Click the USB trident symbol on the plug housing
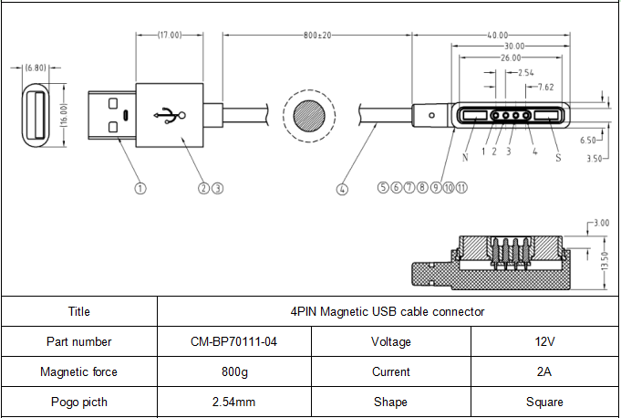pyautogui.click(x=170, y=115)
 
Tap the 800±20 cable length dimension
pyautogui.click(x=317, y=36)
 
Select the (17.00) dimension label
pyautogui.click(x=170, y=35)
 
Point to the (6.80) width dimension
pyautogui.click(x=36, y=68)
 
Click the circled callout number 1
pyautogui.click(x=140, y=188)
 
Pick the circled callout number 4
pyautogui.click(x=342, y=190)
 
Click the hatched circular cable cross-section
pyautogui.click(x=309, y=116)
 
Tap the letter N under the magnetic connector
pyautogui.click(x=465, y=157)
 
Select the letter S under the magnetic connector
pyautogui.click(x=558, y=158)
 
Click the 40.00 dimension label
pyautogui.click(x=497, y=36)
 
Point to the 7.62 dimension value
pyautogui.click(x=545, y=87)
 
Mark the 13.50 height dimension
pyautogui.click(x=605, y=261)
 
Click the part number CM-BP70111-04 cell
pyautogui.click(x=233, y=341)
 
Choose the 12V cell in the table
pyautogui.click(x=544, y=341)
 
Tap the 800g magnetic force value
pyautogui.click(x=234, y=372)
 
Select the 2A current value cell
pyautogui.click(x=544, y=371)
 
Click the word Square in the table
pyautogui.click(x=544, y=402)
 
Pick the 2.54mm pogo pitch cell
pyautogui.click(x=233, y=402)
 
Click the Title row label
pyautogui.click(x=78, y=311)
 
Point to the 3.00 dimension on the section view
pyautogui.click(x=601, y=223)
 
